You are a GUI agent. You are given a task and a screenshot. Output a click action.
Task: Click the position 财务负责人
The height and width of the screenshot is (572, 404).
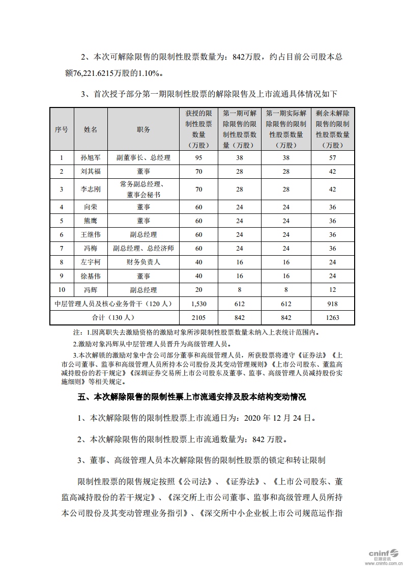143,262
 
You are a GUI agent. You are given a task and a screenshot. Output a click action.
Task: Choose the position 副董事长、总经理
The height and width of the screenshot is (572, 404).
143,158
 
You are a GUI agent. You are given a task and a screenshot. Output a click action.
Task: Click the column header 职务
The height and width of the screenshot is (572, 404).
143,130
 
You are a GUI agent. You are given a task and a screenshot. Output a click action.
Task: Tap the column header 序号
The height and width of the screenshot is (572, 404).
62,130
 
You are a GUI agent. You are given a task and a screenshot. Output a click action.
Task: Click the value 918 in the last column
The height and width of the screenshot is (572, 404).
333,304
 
